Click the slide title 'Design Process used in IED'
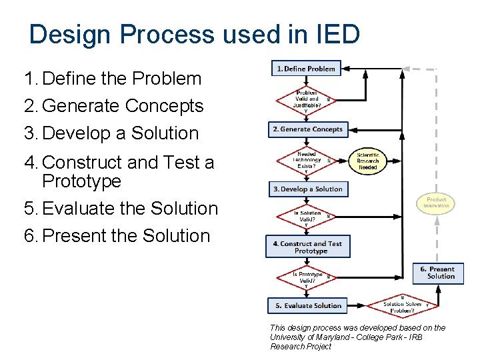click(195, 34)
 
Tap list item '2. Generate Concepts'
click(113, 106)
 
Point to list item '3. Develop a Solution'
click(111, 133)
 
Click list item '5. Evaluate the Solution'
click(121, 209)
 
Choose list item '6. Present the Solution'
click(117, 236)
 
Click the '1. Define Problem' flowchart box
click(306, 69)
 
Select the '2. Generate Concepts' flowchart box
click(307, 129)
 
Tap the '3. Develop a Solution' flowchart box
click(307, 189)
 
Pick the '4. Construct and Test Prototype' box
click(307, 247)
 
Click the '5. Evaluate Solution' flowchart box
click(307, 306)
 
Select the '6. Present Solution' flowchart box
click(438, 273)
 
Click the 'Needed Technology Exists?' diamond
click(307, 161)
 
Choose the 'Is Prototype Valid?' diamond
click(307, 277)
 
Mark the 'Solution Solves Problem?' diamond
click(403, 307)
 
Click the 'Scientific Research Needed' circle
click(368, 161)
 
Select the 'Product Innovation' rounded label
click(436, 203)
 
